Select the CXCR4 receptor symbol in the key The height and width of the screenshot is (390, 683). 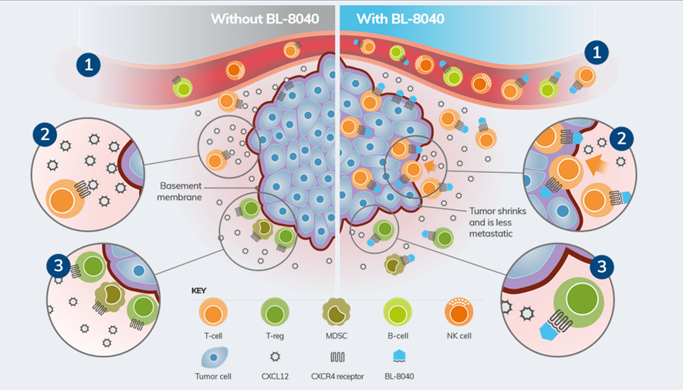(338, 358)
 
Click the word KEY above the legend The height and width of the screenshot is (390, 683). (199, 291)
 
